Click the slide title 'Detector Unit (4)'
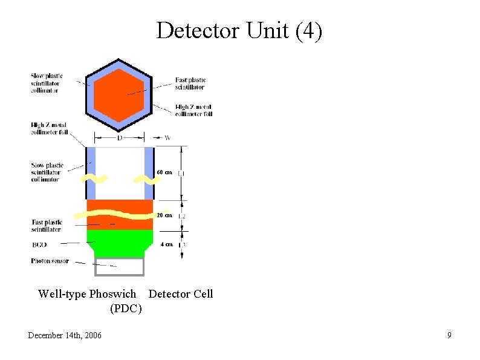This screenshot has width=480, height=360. pos(239,31)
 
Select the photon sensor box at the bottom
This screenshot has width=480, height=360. pos(120,266)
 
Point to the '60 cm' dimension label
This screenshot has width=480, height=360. pos(164,172)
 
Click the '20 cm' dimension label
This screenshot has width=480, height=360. pos(164,215)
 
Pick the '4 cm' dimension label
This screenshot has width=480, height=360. pos(166,244)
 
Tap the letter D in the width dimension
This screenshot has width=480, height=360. pos(120,138)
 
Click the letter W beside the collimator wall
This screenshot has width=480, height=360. pos(167,138)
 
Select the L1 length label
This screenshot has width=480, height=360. pos(181,174)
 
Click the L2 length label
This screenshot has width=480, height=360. pos(182,216)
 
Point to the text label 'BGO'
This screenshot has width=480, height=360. pos(39,244)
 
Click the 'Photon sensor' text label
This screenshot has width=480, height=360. pos(50,261)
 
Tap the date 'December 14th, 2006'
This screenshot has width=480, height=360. pos(65,335)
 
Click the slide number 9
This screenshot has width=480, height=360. pos(449,335)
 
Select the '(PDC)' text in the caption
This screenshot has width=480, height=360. pos(126,309)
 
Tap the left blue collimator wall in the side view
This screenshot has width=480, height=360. pos(91,172)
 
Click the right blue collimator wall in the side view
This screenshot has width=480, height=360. pos(149,172)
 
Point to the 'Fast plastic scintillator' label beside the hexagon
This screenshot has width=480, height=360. pos(190,83)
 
